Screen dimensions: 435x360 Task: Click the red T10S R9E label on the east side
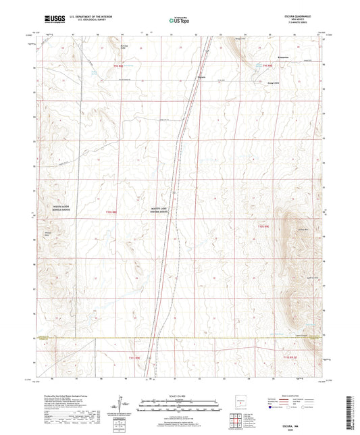(x=265, y=225)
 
